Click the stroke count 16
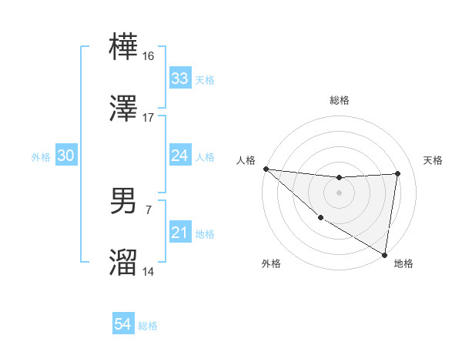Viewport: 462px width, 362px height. coord(149,55)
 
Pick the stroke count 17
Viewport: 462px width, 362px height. coord(149,118)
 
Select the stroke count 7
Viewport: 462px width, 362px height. coord(149,209)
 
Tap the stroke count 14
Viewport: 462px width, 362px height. coord(149,272)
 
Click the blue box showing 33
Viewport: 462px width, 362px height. coord(180,79)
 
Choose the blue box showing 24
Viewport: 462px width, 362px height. coord(180,156)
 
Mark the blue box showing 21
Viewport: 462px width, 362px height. coord(180,233)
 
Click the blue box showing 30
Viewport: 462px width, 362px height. coord(65,156)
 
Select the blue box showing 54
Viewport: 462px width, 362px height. coord(123,325)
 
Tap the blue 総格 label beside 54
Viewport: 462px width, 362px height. coord(148,326)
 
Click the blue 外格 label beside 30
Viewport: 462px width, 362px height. coord(41,156)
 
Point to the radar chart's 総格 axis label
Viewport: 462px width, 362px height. coord(339,100)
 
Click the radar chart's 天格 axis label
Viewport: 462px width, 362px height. coord(433,160)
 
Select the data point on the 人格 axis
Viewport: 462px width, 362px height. coord(266,169)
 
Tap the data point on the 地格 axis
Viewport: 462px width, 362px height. coord(384,253)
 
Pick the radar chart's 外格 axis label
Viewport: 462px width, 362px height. coord(270,263)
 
